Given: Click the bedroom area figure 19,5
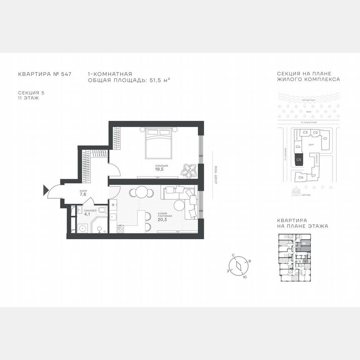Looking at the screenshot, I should click(158, 170).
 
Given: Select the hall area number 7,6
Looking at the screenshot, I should click(83, 194).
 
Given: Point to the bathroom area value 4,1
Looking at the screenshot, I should click(87, 215).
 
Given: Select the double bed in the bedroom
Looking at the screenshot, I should click(158, 143).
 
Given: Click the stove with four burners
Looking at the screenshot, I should click(120, 228).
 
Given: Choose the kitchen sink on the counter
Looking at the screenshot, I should click(112, 217).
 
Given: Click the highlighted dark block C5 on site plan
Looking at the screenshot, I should click(298, 159).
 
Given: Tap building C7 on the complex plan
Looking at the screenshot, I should click(313, 176).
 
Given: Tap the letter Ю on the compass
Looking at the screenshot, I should click(245, 277).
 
